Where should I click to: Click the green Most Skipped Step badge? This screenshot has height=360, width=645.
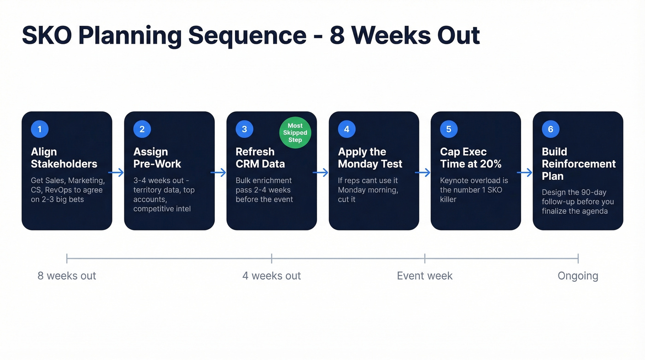click(x=295, y=133)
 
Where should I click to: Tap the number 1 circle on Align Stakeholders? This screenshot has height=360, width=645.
click(x=40, y=129)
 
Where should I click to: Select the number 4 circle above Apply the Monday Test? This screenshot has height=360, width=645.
click(x=346, y=129)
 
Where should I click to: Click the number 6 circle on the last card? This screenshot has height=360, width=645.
click(x=551, y=129)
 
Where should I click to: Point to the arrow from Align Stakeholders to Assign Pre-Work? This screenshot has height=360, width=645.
click(x=118, y=172)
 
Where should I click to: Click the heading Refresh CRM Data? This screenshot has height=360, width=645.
click(x=260, y=158)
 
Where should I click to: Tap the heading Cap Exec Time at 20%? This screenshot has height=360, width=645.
click(x=470, y=158)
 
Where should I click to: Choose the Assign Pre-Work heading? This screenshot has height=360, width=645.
click(x=157, y=158)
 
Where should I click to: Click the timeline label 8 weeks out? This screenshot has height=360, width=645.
click(x=67, y=276)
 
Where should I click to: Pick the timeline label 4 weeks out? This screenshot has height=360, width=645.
click(x=271, y=276)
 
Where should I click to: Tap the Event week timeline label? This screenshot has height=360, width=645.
click(x=424, y=276)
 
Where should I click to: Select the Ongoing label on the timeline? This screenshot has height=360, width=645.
click(x=578, y=276)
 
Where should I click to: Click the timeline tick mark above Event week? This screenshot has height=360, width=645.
click(x=425, y=258)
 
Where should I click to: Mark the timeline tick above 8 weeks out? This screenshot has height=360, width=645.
click(x=67, y=258)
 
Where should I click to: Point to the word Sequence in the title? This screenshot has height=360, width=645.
click(x=247, y=35)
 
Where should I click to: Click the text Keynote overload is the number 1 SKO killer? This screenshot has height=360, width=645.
click(x=474, y=190)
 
